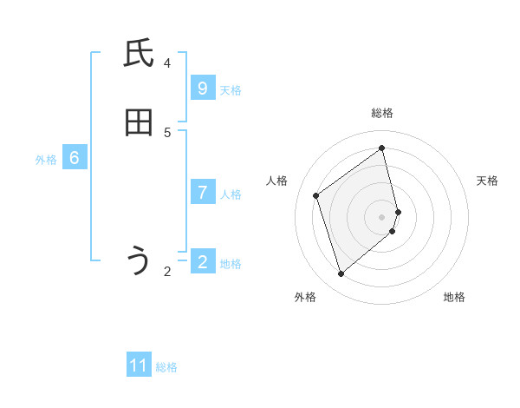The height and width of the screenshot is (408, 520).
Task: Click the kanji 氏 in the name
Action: [x=139, y=54]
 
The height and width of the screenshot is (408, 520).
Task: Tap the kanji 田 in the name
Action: [x=139, y=123]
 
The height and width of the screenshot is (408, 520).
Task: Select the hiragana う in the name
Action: [x=139, y=261]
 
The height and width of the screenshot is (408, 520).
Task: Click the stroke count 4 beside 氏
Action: [x=167, y=63]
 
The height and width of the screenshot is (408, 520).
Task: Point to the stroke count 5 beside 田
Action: [x=167, y=132]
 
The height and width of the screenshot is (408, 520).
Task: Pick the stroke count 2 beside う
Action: [x=167, y=272]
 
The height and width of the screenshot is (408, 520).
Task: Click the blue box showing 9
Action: [x=202, y=89]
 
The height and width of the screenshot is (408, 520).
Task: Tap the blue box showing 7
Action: [x=202, y=193]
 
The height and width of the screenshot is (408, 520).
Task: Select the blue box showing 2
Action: [x=202, y=262]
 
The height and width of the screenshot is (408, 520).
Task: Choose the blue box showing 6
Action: [x=75, y=158]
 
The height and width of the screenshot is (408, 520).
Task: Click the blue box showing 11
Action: [x=139, y=365]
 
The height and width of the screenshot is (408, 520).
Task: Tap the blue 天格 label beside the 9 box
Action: [x=231, y=90]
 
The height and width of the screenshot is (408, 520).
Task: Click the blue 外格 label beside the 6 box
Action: [x=46, y=160]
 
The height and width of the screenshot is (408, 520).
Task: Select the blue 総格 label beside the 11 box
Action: [x=166, y=367]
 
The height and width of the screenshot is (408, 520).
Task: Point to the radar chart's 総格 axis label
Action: [x=382, y=113]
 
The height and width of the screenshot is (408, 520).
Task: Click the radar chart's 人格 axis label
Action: [x=277, y=181]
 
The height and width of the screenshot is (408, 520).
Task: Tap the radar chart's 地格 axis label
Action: [x=454, y=297]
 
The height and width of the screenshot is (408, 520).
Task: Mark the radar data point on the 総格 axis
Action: [x=382, y=148]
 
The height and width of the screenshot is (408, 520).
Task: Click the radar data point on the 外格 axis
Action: [x=341, y=274]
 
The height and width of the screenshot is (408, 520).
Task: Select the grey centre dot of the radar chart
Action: [x=382, y=216]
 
